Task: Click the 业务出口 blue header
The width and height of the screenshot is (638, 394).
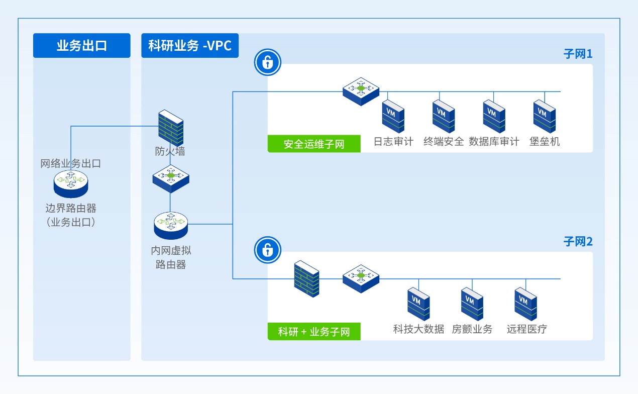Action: tap(82, 46)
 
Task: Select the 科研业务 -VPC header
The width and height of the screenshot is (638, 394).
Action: tap(190, 46)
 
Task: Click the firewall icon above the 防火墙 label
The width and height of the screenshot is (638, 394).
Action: tap(171, 128)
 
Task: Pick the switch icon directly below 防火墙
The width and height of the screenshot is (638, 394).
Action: tap(171, 177)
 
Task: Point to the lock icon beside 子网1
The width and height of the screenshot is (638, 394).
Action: tap(268, 63)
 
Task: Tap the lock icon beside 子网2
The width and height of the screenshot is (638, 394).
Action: tap(268, 250)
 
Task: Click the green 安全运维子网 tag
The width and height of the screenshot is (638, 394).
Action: tap(314, 144)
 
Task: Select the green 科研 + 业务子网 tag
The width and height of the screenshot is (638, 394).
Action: tap(314, 332)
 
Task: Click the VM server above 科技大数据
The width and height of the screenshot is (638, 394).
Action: tap(418, 303)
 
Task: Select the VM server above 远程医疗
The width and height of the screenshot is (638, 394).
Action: tap(525, 303)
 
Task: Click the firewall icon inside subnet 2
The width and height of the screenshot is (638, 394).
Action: tap(306, 278)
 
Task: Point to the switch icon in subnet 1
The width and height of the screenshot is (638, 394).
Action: tap(361, 90)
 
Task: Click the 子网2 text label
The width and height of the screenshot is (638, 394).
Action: tap(578, 242)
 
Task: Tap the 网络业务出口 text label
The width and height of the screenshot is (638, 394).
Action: tap(71, 163)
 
